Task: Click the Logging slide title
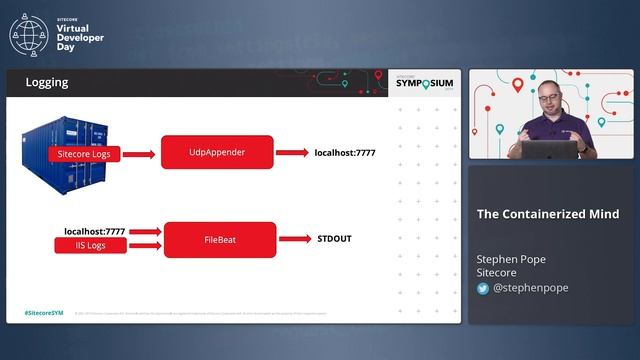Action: click(47, 83)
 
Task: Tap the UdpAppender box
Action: click(217, 153)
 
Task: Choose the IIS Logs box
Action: click(90, 245)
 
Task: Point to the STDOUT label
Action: click(335, 240)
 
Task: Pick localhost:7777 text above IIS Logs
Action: click(95, 231)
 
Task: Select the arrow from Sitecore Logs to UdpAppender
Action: click(139, 154)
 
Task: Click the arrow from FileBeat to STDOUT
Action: click(294, 239)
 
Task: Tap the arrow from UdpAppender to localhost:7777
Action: click(292, 153)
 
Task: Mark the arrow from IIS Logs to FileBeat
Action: click(145, 245)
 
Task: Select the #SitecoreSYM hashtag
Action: click(44, 313)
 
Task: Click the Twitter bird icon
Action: click(483, 288)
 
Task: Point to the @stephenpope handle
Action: click(530, 288)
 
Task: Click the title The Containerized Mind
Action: click(547, 214)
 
